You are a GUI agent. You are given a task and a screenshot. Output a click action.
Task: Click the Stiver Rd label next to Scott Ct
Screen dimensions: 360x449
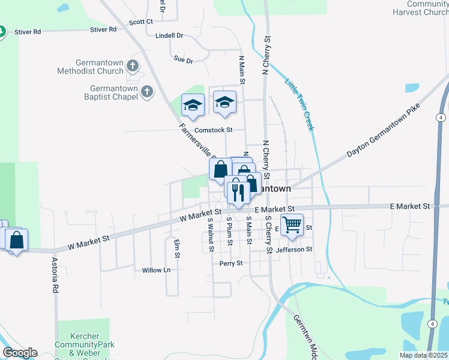(103, 29)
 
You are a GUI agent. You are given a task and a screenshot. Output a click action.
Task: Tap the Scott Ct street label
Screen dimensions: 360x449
(141, 22)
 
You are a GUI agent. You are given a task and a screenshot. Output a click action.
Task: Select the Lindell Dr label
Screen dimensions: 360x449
(169, 35)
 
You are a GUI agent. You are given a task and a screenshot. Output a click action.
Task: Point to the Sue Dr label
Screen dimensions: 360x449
(183, 60)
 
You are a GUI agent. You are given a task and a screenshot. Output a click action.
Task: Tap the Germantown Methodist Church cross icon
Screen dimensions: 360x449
(133, 66)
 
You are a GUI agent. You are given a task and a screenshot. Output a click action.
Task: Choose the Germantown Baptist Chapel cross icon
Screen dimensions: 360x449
(147, 92)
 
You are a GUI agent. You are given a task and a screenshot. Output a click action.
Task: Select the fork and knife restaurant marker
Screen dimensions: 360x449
(238, 192)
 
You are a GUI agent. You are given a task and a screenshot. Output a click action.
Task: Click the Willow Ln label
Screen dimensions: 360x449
(156, 271)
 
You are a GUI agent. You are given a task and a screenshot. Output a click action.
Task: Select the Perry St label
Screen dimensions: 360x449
(231, 263)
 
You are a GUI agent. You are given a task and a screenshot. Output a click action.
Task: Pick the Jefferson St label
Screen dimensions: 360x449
(294, 249)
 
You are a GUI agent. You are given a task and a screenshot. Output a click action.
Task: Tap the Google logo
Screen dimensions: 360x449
(20, 353)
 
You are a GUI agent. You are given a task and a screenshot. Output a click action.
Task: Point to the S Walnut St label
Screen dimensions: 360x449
(211, 234)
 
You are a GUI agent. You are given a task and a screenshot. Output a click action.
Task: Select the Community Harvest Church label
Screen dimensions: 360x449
(420, 8)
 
